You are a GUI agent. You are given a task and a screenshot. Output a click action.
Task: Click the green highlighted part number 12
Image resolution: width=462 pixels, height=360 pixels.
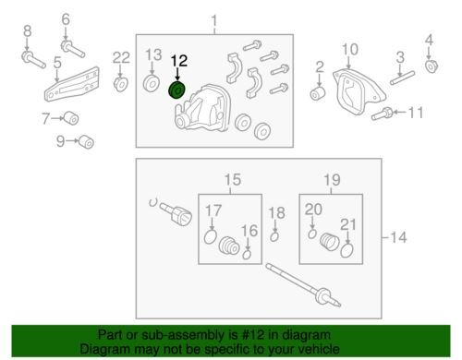click(177, 90)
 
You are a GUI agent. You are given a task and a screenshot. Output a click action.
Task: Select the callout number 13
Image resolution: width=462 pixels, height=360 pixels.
click(153, 54)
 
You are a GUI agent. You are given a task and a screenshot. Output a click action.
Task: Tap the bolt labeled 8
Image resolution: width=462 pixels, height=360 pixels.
click(33, 60)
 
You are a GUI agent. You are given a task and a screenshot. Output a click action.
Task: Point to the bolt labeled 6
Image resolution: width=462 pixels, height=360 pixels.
click(73, 49)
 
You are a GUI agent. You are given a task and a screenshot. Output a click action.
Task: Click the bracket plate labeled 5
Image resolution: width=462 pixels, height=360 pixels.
click(71, 84)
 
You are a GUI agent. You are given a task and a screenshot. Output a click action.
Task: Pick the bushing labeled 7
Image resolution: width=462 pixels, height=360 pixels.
click(71, 118)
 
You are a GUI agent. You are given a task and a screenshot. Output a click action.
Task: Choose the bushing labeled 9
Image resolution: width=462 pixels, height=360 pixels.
click(86, 141)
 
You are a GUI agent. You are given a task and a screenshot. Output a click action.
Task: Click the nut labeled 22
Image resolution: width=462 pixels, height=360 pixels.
click(121, 85)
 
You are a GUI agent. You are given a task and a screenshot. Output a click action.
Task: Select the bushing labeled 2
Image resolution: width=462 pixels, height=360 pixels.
click(318, 93)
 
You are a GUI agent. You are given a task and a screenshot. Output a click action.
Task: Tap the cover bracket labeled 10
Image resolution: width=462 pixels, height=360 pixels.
click(358, 92)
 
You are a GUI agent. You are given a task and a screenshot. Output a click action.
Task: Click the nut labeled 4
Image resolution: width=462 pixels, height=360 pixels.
click(432, 66)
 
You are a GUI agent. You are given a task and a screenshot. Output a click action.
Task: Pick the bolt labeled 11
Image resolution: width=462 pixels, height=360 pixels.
click(382, 114)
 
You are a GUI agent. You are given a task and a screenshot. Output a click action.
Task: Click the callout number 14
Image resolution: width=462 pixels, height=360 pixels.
click(398, 237)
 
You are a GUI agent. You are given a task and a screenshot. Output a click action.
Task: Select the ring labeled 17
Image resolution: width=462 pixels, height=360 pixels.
click(211, 237)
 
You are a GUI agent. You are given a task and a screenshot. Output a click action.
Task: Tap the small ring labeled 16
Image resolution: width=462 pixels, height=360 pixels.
click(247, 255)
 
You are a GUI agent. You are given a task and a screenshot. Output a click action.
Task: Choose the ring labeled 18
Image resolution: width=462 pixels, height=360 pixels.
click(274, 236)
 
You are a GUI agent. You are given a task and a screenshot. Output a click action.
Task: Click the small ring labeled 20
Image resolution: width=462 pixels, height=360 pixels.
click(312, 234)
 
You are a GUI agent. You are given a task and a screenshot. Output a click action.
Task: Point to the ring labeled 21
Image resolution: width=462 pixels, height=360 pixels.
click(346, 250)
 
